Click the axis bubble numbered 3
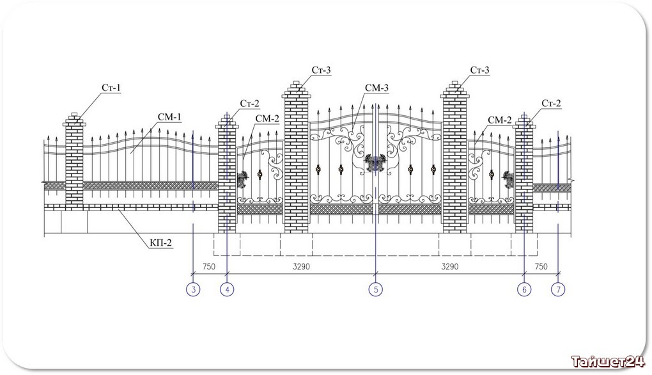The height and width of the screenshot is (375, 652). pyautogui.click(x=192, y=289)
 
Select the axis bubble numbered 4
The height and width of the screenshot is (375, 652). pyautogui.click(x=227, y=289)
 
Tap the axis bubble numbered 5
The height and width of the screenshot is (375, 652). pyautogui.click(x=375, y=289)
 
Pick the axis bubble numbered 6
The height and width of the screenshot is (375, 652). pyautogui.click(x=524, y=289)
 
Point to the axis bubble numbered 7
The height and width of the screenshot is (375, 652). pyautogui.click(x=558, y=289)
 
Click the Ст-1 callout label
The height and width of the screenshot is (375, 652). pyautogui.click(x=111, y=88)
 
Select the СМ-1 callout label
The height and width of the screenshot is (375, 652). pyautogui.click(x=170, y=116)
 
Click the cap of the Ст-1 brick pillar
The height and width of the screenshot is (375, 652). pyautogui.click(x=74, y=116)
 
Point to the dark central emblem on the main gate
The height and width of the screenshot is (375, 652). pyautogui.click(x=373, y=164)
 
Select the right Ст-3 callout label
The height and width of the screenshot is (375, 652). pyautogui.click(x=479, y=70)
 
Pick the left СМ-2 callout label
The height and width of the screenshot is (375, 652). pyautogui.click(x=267, y=118)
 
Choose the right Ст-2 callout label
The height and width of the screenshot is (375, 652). pyautogui.click(x=552, y=103)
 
